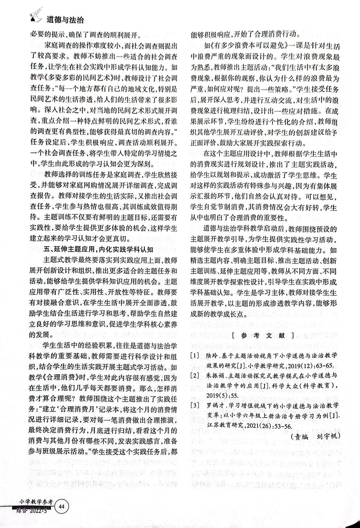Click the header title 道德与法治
(65, 21)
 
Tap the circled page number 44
(62, 506)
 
